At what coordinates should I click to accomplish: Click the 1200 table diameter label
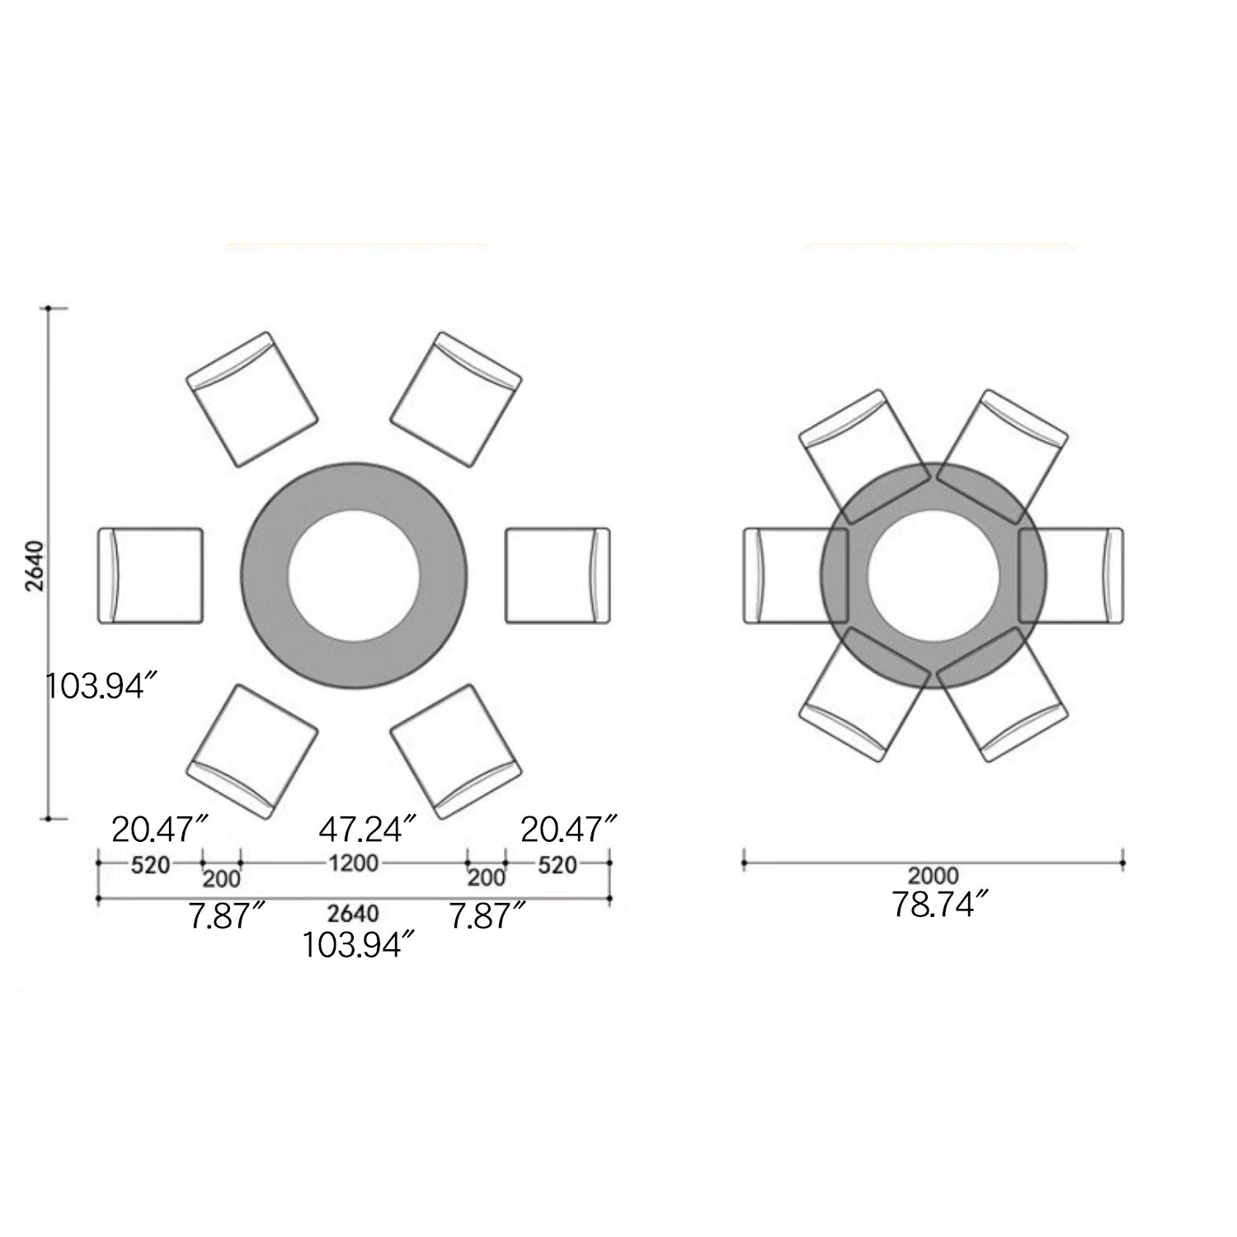(x=354, y=863)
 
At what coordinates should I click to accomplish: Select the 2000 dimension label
(x=934, y=875)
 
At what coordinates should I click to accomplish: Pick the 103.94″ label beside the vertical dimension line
(x=100, y=685)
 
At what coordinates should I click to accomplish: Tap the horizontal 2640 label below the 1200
(x=354, y=914)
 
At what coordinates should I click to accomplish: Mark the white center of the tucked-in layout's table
(x=934, y=575)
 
